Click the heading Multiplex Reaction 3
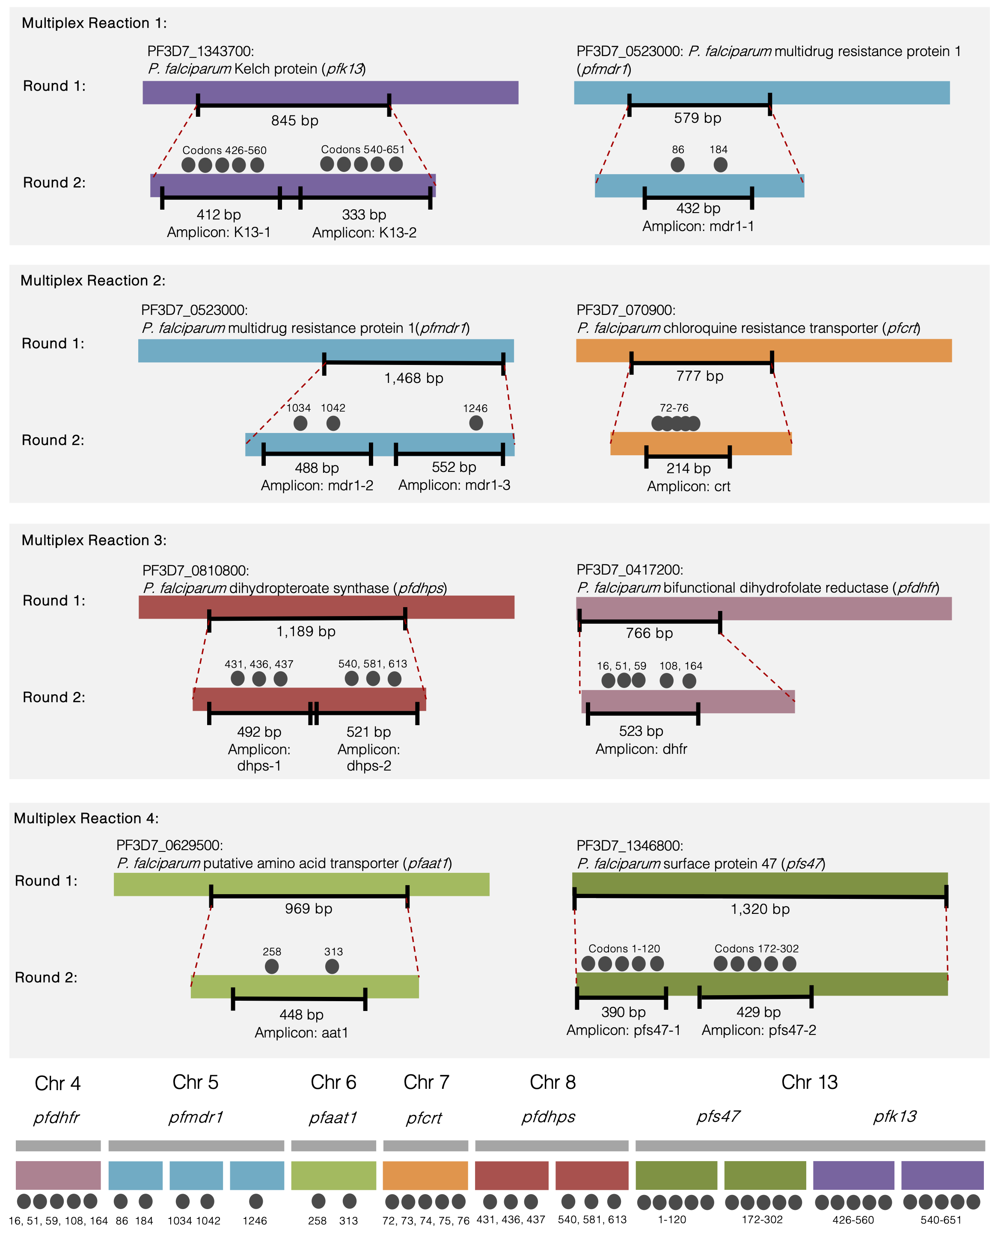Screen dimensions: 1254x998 [94, 540]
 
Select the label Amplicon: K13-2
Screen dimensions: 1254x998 [364, 233]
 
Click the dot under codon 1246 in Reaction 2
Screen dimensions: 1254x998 [475, 423]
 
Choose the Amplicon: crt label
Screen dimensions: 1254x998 [689, 486]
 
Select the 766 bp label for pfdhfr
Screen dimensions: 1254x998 [649, 633]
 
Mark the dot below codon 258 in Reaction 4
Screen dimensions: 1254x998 [271, 966]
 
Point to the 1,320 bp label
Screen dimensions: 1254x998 [760, 909]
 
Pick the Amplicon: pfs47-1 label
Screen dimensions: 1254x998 [623, 1030]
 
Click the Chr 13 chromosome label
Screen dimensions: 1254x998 [809, 1082]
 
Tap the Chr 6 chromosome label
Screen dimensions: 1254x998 [333, 1082]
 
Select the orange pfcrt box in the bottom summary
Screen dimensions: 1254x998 [425, 1175]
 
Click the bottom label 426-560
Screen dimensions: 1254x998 [852, 1220]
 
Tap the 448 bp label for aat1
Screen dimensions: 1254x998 [301, 1014]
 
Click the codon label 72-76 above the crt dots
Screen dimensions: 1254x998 [674, 408]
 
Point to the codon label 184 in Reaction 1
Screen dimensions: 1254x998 [718, 149]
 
